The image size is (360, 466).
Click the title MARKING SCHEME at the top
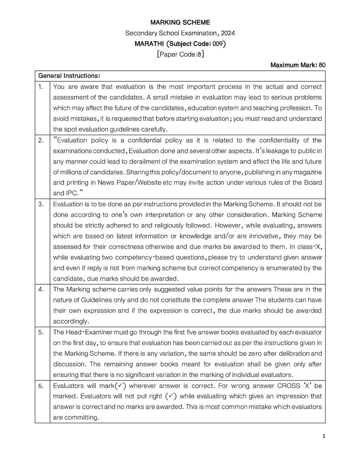[180, 22]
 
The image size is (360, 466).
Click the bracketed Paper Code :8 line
[180, 54]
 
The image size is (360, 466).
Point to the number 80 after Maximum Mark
[322, 65]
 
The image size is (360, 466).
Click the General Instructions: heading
[69, 76]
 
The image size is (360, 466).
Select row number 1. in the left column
[41, 86]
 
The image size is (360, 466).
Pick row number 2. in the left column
[41, 140]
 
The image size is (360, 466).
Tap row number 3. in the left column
[41, 204]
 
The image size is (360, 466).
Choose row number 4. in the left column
[41, 289]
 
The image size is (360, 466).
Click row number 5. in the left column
[41, 332]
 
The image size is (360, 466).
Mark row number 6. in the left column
[41, 386]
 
